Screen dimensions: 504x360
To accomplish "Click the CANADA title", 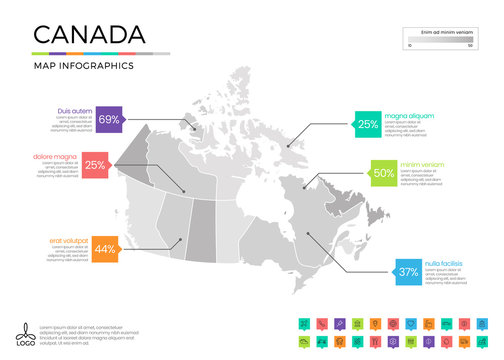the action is (87, 36).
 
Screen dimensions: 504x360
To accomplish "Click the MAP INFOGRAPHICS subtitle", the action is (84, 66).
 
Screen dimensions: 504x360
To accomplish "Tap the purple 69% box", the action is (109, 120).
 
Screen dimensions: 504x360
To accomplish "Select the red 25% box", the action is (95, 165).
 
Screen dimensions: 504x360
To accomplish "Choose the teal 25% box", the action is (368, 124).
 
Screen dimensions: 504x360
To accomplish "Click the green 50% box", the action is (383, 172).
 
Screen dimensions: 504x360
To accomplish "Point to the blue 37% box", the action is (408, 272).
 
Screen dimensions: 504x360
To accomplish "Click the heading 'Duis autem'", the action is (76, 110).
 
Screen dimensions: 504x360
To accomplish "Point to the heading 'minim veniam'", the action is (423, 164).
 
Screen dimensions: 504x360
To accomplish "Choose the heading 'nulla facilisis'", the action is (444, 263).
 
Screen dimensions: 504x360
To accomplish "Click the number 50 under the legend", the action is (469, 47).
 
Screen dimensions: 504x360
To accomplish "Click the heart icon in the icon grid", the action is (410, 325).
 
